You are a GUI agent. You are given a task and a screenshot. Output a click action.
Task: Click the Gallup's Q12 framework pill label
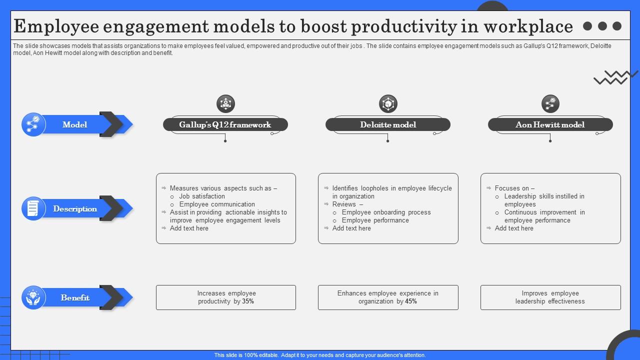point(225,124)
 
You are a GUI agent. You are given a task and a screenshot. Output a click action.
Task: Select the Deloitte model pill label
point(388,124)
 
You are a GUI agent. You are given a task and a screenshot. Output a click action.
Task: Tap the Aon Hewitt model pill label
point(550,124)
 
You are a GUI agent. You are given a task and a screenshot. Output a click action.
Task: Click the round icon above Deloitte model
point(388,104)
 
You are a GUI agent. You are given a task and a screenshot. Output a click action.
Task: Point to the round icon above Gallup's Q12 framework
point(225,104)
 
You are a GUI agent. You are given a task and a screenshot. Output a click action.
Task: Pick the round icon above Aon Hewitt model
point(550,104)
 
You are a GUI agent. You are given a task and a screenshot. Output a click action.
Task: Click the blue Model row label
point(75,124)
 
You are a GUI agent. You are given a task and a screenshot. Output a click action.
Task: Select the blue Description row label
point(75,208)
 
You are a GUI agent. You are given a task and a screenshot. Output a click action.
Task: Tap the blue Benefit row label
point(75,297)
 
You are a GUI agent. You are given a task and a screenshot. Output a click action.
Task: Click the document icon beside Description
point(33,208)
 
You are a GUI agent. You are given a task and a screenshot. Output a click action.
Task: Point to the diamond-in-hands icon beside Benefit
point(33,297)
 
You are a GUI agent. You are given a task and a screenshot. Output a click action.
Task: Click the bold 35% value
point(248,301)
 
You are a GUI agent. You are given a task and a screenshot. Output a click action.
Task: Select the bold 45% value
point(410,301)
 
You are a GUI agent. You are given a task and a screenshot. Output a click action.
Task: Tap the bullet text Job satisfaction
point(202,196)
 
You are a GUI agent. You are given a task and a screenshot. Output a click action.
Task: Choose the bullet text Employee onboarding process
point(386,212)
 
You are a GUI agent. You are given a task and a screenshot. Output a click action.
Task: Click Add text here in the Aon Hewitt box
point(514,228)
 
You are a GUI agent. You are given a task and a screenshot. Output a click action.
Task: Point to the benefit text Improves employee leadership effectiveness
point(550,297)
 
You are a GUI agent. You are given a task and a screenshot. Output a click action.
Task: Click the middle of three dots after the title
point(602,26)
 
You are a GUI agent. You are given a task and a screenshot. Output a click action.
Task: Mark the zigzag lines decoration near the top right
point(615,77)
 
